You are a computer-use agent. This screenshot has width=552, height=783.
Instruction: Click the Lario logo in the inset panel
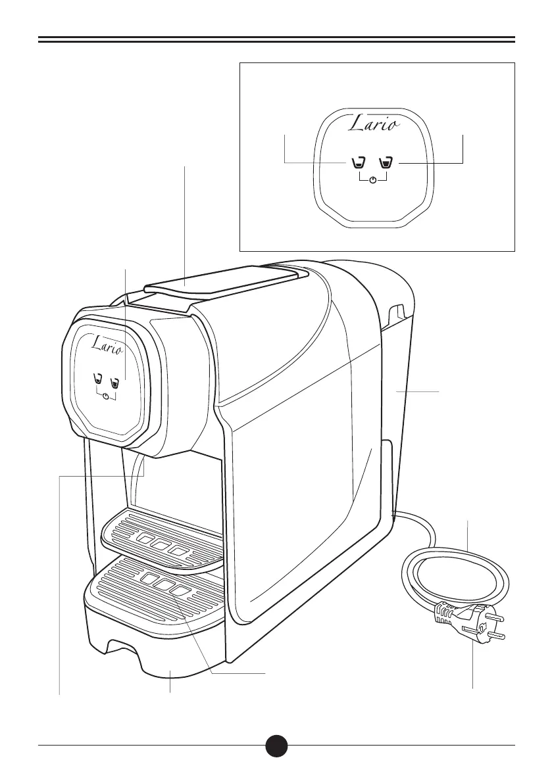point(372,124)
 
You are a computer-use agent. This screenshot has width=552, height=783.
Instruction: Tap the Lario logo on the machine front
point(105,343)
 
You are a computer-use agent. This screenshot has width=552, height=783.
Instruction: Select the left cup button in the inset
point(359,162)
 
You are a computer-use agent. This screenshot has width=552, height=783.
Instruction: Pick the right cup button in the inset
point(387,162)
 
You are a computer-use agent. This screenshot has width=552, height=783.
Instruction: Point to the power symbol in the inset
point(373,180)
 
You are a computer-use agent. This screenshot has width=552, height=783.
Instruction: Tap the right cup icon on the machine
point(114,380)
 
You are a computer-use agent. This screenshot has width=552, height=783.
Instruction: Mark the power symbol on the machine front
point(106,396)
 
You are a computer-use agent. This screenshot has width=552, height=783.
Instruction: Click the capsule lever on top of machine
point(217,279)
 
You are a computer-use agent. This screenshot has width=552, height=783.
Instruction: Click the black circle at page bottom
point(276,745)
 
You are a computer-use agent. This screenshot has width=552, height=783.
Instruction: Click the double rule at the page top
point(276,40)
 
